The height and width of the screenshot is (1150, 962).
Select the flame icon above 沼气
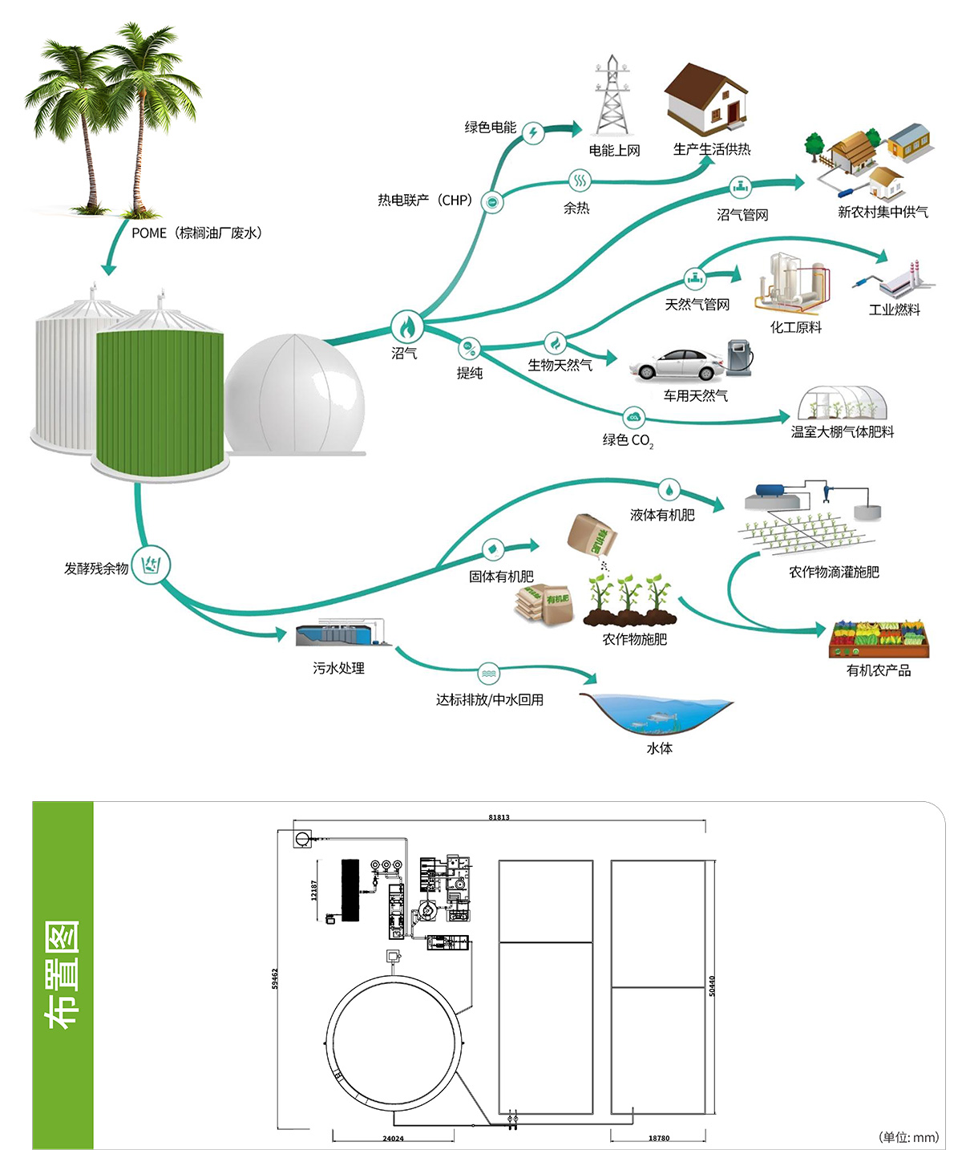click(x=406, y=326)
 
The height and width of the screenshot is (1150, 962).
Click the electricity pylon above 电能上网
click(x=612, y=96)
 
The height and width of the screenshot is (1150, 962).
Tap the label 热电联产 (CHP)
click(x=426, y=200)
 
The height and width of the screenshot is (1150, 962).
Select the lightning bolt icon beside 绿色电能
click(x=533, y=133)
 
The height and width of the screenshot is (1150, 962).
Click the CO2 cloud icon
click(x=634, y=417)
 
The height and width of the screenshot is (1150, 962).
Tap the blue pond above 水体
click(x=657, y=713)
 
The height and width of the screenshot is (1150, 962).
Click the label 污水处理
click(x=338, y=668)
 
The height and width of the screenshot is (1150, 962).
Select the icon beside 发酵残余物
click(x=151, y=565)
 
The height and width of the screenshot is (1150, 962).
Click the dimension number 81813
click(x=499, y=817)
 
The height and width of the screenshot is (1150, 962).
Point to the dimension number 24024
click(x=393, y=1139)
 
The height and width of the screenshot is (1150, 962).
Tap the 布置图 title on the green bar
click(x=63, y=974)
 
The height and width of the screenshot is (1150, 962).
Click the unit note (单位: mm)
click(x=908, y=1137)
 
